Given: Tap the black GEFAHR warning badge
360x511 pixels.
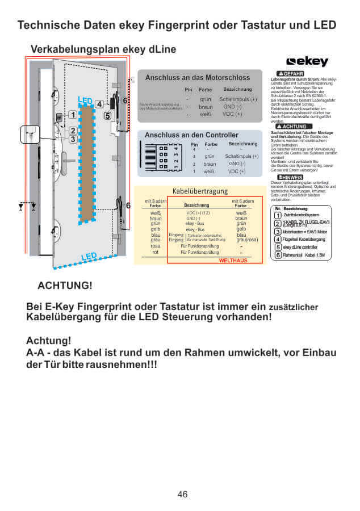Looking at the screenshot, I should (x=291, y=74).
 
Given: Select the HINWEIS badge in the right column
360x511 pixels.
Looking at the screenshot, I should (x=290, y=177).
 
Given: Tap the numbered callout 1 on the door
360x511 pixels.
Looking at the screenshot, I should (x=73, y=114).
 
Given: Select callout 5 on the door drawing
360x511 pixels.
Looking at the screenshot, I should (x=107, y=116).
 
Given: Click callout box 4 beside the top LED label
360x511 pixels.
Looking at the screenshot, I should (x=99, y=104).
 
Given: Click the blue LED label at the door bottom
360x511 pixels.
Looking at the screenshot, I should (x=89, y=257).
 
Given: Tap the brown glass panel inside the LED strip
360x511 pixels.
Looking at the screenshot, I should (x=87, y=165).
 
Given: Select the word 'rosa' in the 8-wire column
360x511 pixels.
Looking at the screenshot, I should (x=155, y=246).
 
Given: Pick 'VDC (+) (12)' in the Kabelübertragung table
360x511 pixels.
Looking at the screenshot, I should (x=198, y=212).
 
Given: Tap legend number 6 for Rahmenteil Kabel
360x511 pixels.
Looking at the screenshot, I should (x=278, y=255).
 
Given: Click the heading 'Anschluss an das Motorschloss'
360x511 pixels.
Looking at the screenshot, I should (x=197, y=78).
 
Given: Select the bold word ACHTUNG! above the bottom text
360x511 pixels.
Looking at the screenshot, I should (x=64, y=284).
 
